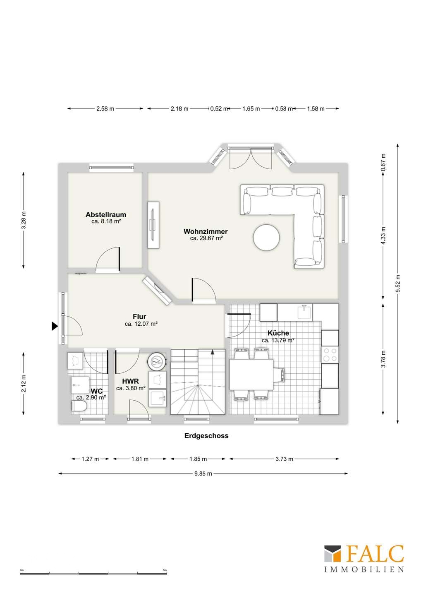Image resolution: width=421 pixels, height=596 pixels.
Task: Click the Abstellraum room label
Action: [x=106, y=214]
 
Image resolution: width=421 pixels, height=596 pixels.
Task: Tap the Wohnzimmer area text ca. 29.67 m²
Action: [x=206, y=238]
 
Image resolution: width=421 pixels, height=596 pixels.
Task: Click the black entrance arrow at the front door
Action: [x=55, y=326]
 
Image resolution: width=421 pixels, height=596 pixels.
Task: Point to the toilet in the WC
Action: [x=79, y=407]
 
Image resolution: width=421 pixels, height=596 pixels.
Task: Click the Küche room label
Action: [x=278, y=333]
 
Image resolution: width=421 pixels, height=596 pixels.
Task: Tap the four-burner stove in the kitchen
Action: [x=330, y=355]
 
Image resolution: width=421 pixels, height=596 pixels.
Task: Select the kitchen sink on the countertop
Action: [x=305, y=312]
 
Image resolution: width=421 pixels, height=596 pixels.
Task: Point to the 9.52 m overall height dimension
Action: [x=397, y=284]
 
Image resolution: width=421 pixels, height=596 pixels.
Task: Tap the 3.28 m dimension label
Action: [x=24, y=220]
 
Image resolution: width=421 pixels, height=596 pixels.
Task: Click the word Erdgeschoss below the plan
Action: [x=206, y=435]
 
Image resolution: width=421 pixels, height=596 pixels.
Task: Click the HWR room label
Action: [x=131, y=381]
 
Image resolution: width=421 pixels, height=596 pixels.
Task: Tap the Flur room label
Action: [x=139, y=317]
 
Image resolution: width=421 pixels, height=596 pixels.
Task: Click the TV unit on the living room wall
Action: [x=153, y=225]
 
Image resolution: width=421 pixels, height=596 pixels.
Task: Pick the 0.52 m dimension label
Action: [x=219, y=108]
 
